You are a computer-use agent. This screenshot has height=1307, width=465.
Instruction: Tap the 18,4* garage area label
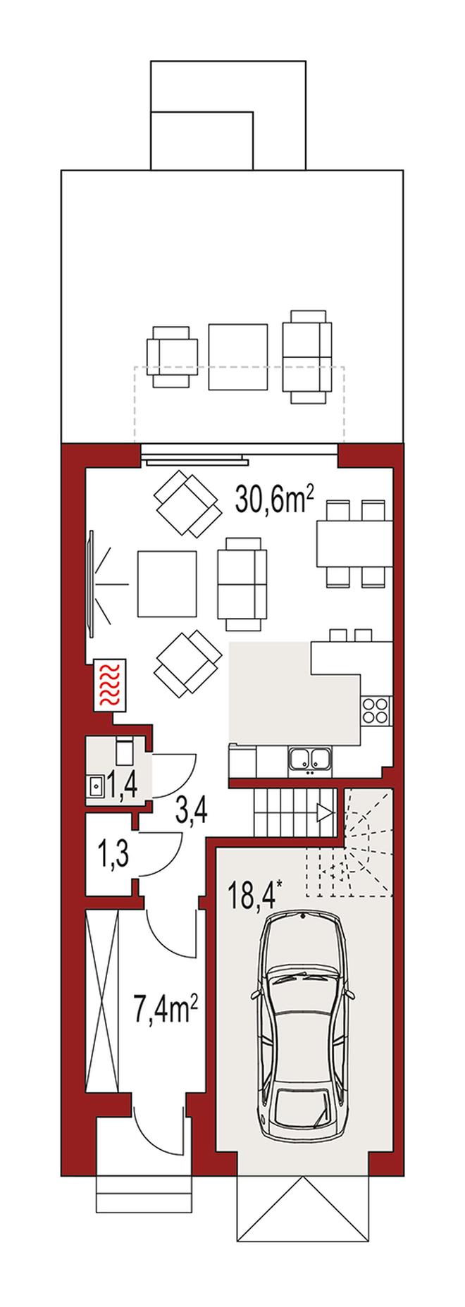[254, 892]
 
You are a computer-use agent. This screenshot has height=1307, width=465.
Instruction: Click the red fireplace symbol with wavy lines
[111, 683]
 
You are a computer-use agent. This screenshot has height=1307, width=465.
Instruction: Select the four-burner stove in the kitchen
[375, 710]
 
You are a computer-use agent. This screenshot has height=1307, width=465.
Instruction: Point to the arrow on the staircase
[324, 814]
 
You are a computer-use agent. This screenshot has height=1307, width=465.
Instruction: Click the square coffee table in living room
[167, 582]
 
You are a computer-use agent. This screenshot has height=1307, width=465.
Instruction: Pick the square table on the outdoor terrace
[238, 356]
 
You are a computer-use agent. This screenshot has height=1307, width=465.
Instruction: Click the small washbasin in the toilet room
[95, 783]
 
